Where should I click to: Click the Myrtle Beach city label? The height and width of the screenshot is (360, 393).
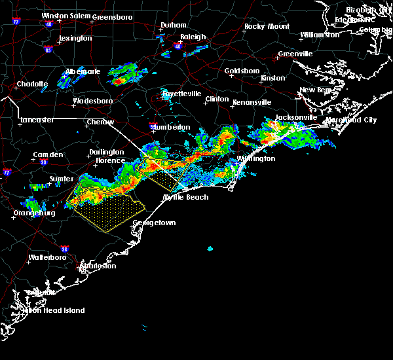pos(186,197)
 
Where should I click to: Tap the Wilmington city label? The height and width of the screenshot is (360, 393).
pos(256,158)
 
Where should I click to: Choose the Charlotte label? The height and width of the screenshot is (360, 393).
pos(32,84)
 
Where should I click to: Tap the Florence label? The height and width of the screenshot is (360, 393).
pos(110,160)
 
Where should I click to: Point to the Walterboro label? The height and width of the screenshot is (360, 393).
pos(49,257)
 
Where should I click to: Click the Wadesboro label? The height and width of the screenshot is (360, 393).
pos(92,101)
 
